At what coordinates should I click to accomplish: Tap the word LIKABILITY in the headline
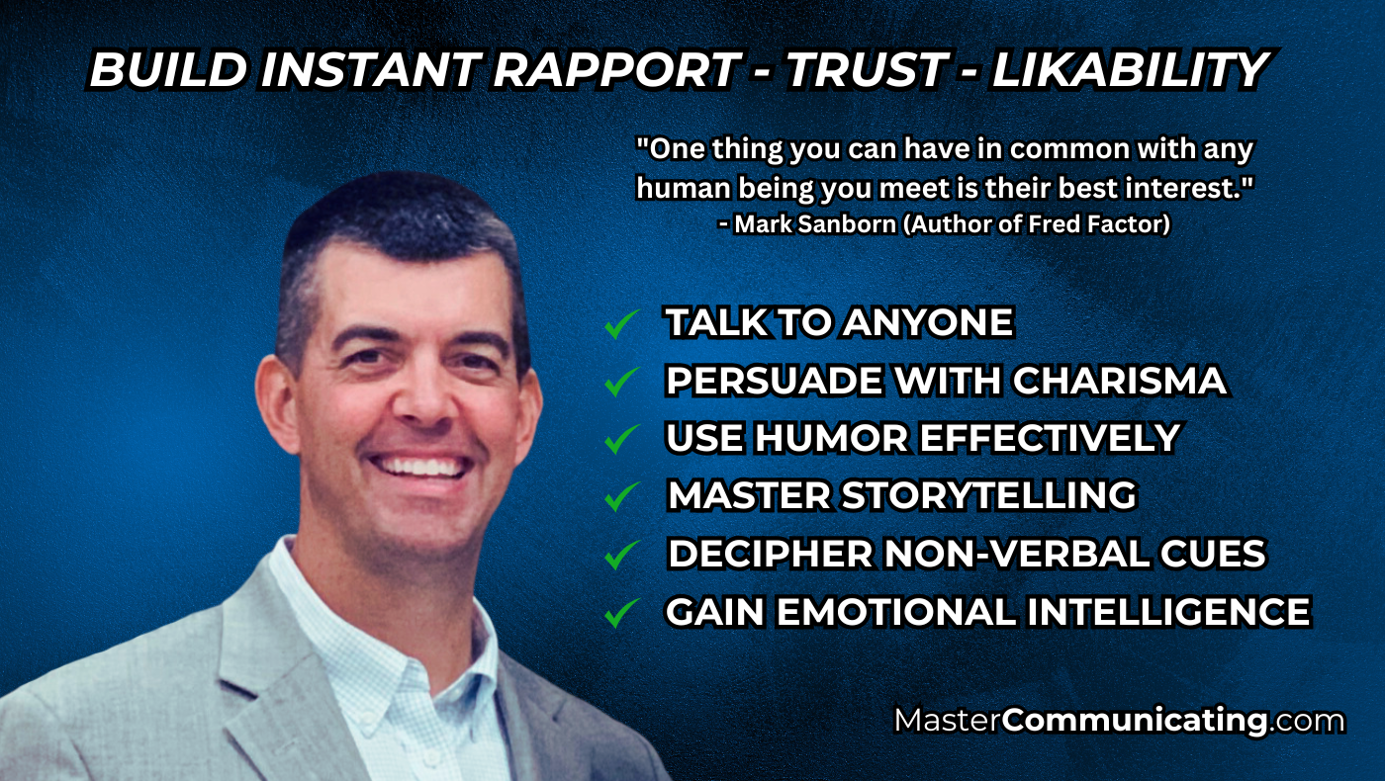click(1131, 69)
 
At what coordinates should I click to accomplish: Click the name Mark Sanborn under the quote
click(815, 224)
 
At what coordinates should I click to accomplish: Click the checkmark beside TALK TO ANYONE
click(621, 324)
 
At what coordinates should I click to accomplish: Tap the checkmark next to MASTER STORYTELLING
click(621, 496)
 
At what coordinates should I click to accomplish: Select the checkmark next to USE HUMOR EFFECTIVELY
click(621, 439)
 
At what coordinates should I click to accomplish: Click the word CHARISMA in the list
click(1119, 380)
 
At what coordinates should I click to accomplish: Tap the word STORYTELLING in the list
click(989, 495)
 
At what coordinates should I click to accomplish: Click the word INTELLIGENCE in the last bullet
click(1168, 612)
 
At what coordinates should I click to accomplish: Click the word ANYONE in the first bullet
click(928, 322)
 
